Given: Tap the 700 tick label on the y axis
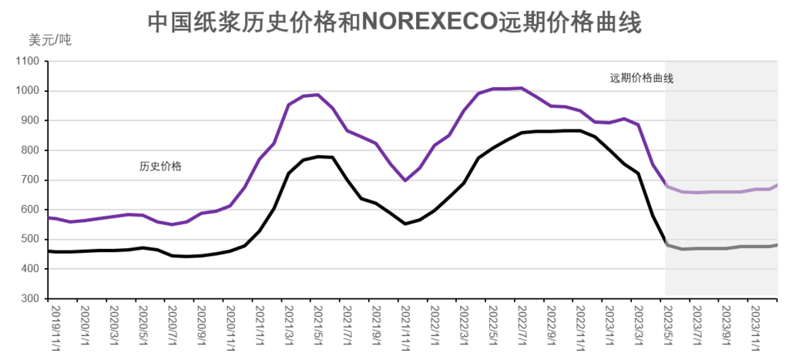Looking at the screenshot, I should pyautogui.click(x=30, y=180).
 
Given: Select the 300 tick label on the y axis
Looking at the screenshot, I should pyautogui.click(x=30, y=299).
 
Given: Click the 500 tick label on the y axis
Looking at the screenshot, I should pyautogui.click(x=30, y=240).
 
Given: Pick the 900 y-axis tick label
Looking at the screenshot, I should pyautogui.click(x=30, y=121).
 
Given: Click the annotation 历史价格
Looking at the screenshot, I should pyautogui.click(x=160, y=166).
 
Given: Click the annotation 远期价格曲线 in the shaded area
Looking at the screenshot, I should pyautogui.click(x=642, y=78).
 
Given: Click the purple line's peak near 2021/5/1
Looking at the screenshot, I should pyautogui.click(x=318, y=95).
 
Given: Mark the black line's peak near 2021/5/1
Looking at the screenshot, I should pyautogui.click(x=318, y=156).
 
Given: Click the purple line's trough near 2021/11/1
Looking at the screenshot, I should pyautogui.click(x=405, y=180).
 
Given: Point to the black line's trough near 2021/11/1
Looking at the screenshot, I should pyautogui.click(x=405, y=224).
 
